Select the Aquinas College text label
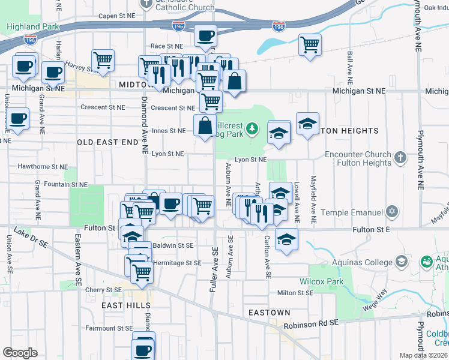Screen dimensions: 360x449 click(x=363, y=262)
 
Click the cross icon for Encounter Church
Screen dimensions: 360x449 click(x=401, y=158)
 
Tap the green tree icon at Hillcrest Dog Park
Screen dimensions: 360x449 click(x=253, y=128)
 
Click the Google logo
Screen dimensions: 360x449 click(x=20, y=352)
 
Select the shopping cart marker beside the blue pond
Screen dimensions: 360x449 click(x=310, y=44)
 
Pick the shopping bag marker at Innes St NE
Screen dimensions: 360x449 click(x=205, y=125)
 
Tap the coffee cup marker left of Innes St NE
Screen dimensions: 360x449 click(x=17, y=118)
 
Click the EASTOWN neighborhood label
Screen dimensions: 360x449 click(x=270, y=313)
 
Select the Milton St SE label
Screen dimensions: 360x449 click(x=295, y=293)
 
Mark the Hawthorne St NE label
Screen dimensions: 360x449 click(x=42, y=166)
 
